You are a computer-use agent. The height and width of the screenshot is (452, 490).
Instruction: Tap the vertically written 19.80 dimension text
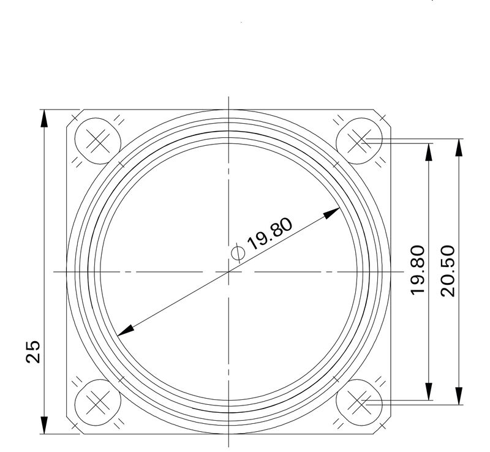[x=418, y=270]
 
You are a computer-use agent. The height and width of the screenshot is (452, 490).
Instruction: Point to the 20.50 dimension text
[x=448, y=270]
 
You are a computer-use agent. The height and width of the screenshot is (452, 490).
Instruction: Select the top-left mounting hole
[x=96, y=140]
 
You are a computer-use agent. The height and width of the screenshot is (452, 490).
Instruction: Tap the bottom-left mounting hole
[x=96, y=402]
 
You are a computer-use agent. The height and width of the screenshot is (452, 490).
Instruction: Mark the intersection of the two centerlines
[x=228, y=271]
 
